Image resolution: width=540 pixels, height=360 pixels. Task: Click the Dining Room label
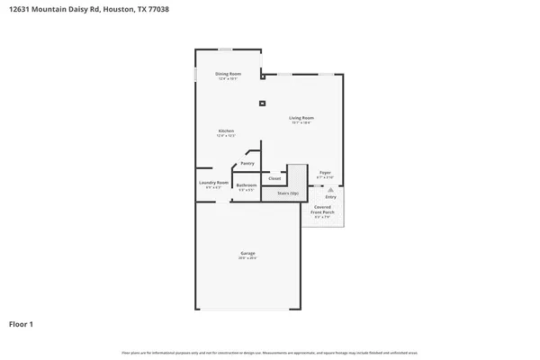pos(228,74)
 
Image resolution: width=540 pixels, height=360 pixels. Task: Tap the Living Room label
pos(301,118)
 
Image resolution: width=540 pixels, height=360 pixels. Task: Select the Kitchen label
pos(226,131)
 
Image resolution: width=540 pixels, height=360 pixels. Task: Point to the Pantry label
pos(247,163)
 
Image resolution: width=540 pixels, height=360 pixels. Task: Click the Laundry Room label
pos(213,183)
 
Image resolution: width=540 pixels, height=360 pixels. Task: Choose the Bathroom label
pos(247,185)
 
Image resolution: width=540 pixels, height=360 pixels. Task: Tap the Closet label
pos(274,178)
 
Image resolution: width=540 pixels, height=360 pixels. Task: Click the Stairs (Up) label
pos(288,193)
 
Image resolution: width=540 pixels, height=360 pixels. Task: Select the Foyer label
pos(325,172)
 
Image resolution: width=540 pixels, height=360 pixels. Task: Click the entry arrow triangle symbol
pos(330,191)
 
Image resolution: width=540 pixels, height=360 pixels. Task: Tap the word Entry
pos(330,198)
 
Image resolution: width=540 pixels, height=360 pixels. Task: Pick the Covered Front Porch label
pos(322,210)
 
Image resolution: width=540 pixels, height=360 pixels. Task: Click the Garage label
pos(247,254)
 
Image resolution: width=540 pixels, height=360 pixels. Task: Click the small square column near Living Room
pos(262,103)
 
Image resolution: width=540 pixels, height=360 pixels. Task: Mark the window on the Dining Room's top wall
pos(226,49)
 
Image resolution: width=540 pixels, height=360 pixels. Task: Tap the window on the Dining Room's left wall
pos(196,75)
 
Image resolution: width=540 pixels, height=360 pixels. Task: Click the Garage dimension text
pos(247,259)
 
